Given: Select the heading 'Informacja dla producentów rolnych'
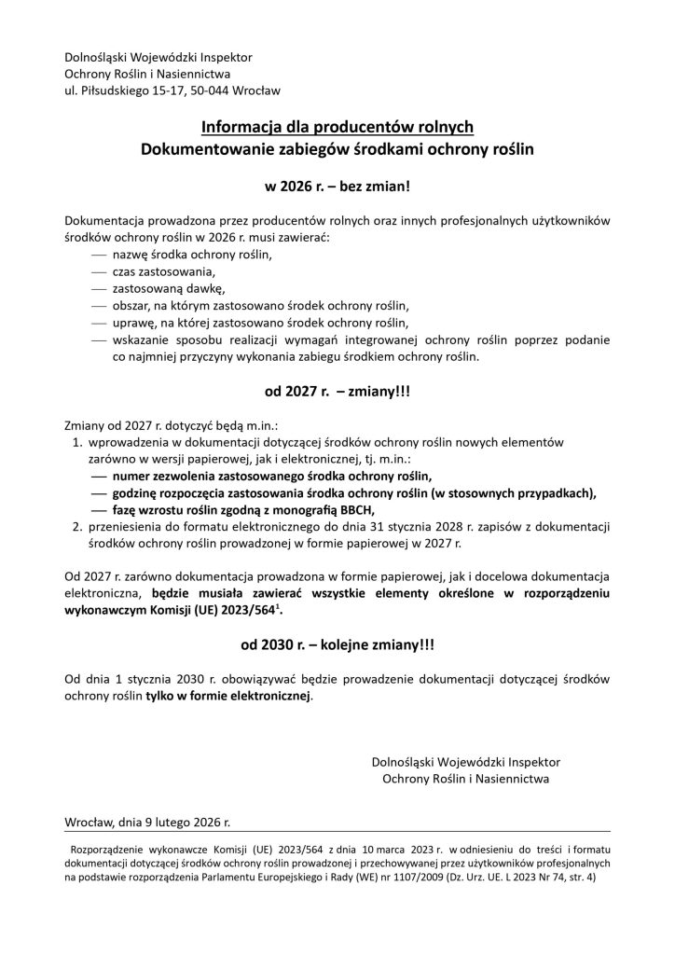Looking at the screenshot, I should (x=337, y=126).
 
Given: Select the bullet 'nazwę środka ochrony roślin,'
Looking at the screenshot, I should (x=192, y=254).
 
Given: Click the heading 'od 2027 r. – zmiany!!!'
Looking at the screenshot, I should (x=337, y=393).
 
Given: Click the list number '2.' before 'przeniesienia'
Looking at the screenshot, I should (x=79, y=525).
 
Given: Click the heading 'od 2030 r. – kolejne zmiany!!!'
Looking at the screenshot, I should (x=337, y=644).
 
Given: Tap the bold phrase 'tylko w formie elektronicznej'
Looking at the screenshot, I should (x=228, y=695).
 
